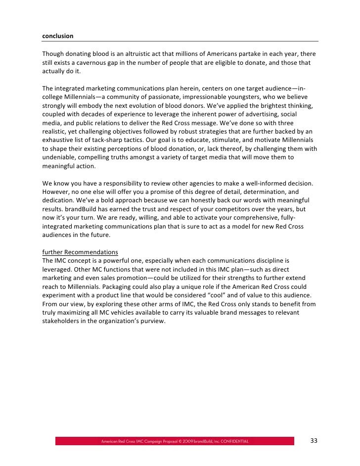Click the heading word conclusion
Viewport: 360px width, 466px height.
point(57,36)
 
